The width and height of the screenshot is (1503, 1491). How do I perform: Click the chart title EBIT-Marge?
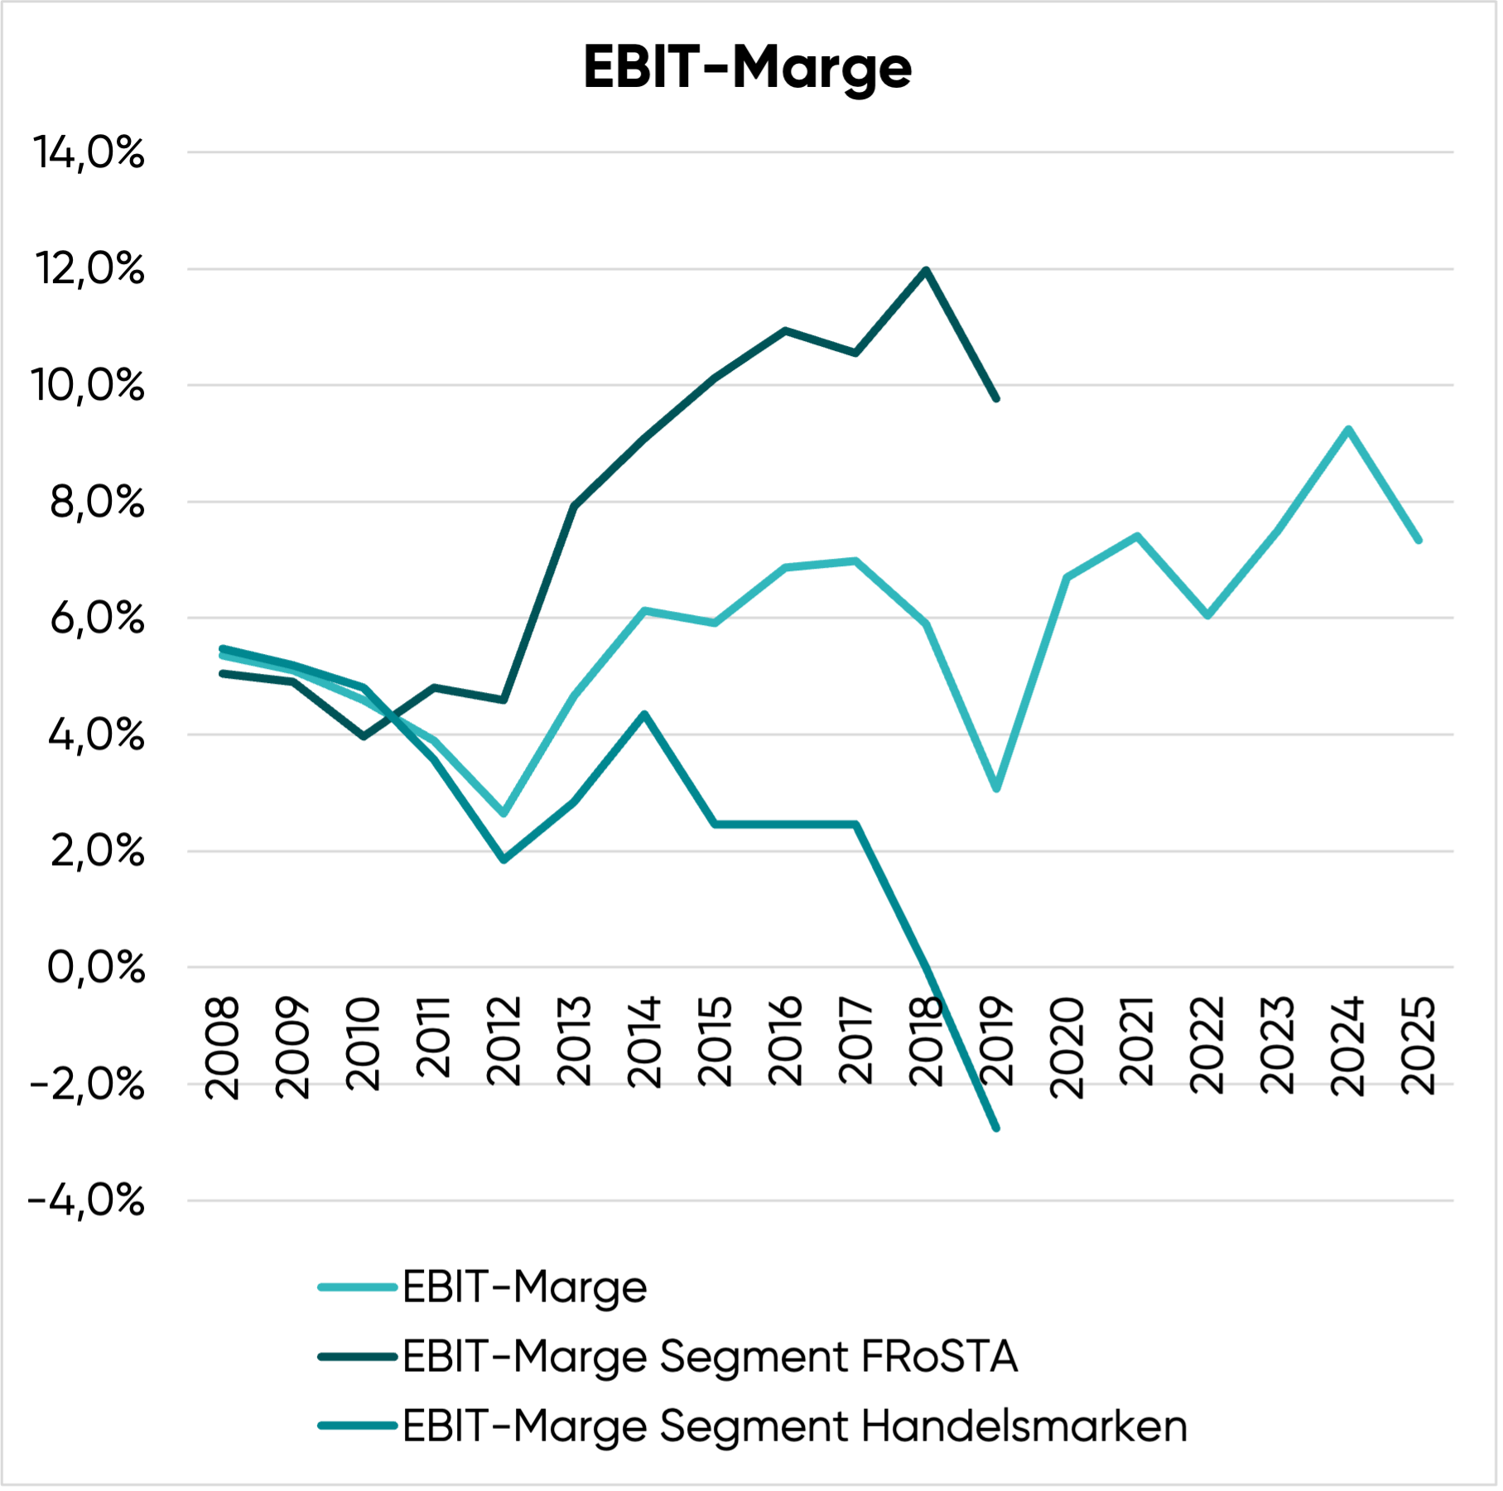[747, 68]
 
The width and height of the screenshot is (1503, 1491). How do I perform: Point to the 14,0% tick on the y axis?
[89, 153]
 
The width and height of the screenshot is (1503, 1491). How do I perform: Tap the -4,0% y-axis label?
[86, 1200]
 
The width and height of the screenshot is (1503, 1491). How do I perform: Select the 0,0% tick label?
[95, 967]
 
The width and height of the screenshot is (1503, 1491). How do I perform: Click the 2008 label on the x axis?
[222, 1048]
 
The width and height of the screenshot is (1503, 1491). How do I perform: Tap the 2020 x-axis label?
[1067, 1048]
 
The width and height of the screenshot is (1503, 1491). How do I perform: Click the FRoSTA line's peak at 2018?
[926, 270]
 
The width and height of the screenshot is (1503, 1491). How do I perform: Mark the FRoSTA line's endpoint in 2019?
[996, 399]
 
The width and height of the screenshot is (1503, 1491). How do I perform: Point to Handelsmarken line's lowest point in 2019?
[996, 1128]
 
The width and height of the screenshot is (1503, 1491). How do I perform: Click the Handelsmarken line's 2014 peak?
[644, 714]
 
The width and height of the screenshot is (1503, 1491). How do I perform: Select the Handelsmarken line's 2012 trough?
[503, 860]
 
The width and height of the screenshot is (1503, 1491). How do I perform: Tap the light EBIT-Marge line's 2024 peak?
[1348, 429]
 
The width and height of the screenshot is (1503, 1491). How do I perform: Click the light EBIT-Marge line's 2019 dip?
[996, 789]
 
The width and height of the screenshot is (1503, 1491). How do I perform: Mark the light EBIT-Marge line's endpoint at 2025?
[1419, 540]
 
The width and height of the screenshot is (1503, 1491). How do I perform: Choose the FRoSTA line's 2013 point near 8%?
[574, 505]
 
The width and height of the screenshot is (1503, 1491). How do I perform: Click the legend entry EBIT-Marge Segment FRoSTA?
[710, 1357]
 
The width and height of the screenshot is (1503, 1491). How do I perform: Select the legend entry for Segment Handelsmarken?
[794, 1426]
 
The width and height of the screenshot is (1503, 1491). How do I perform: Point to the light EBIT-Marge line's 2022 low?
[1207, 616]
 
